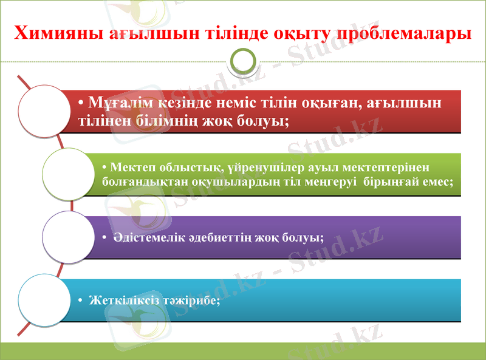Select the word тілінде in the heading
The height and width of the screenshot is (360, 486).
tap(233, 32)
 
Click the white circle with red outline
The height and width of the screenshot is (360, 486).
tap(44, 111)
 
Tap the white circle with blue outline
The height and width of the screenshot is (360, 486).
tap(44, 300)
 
